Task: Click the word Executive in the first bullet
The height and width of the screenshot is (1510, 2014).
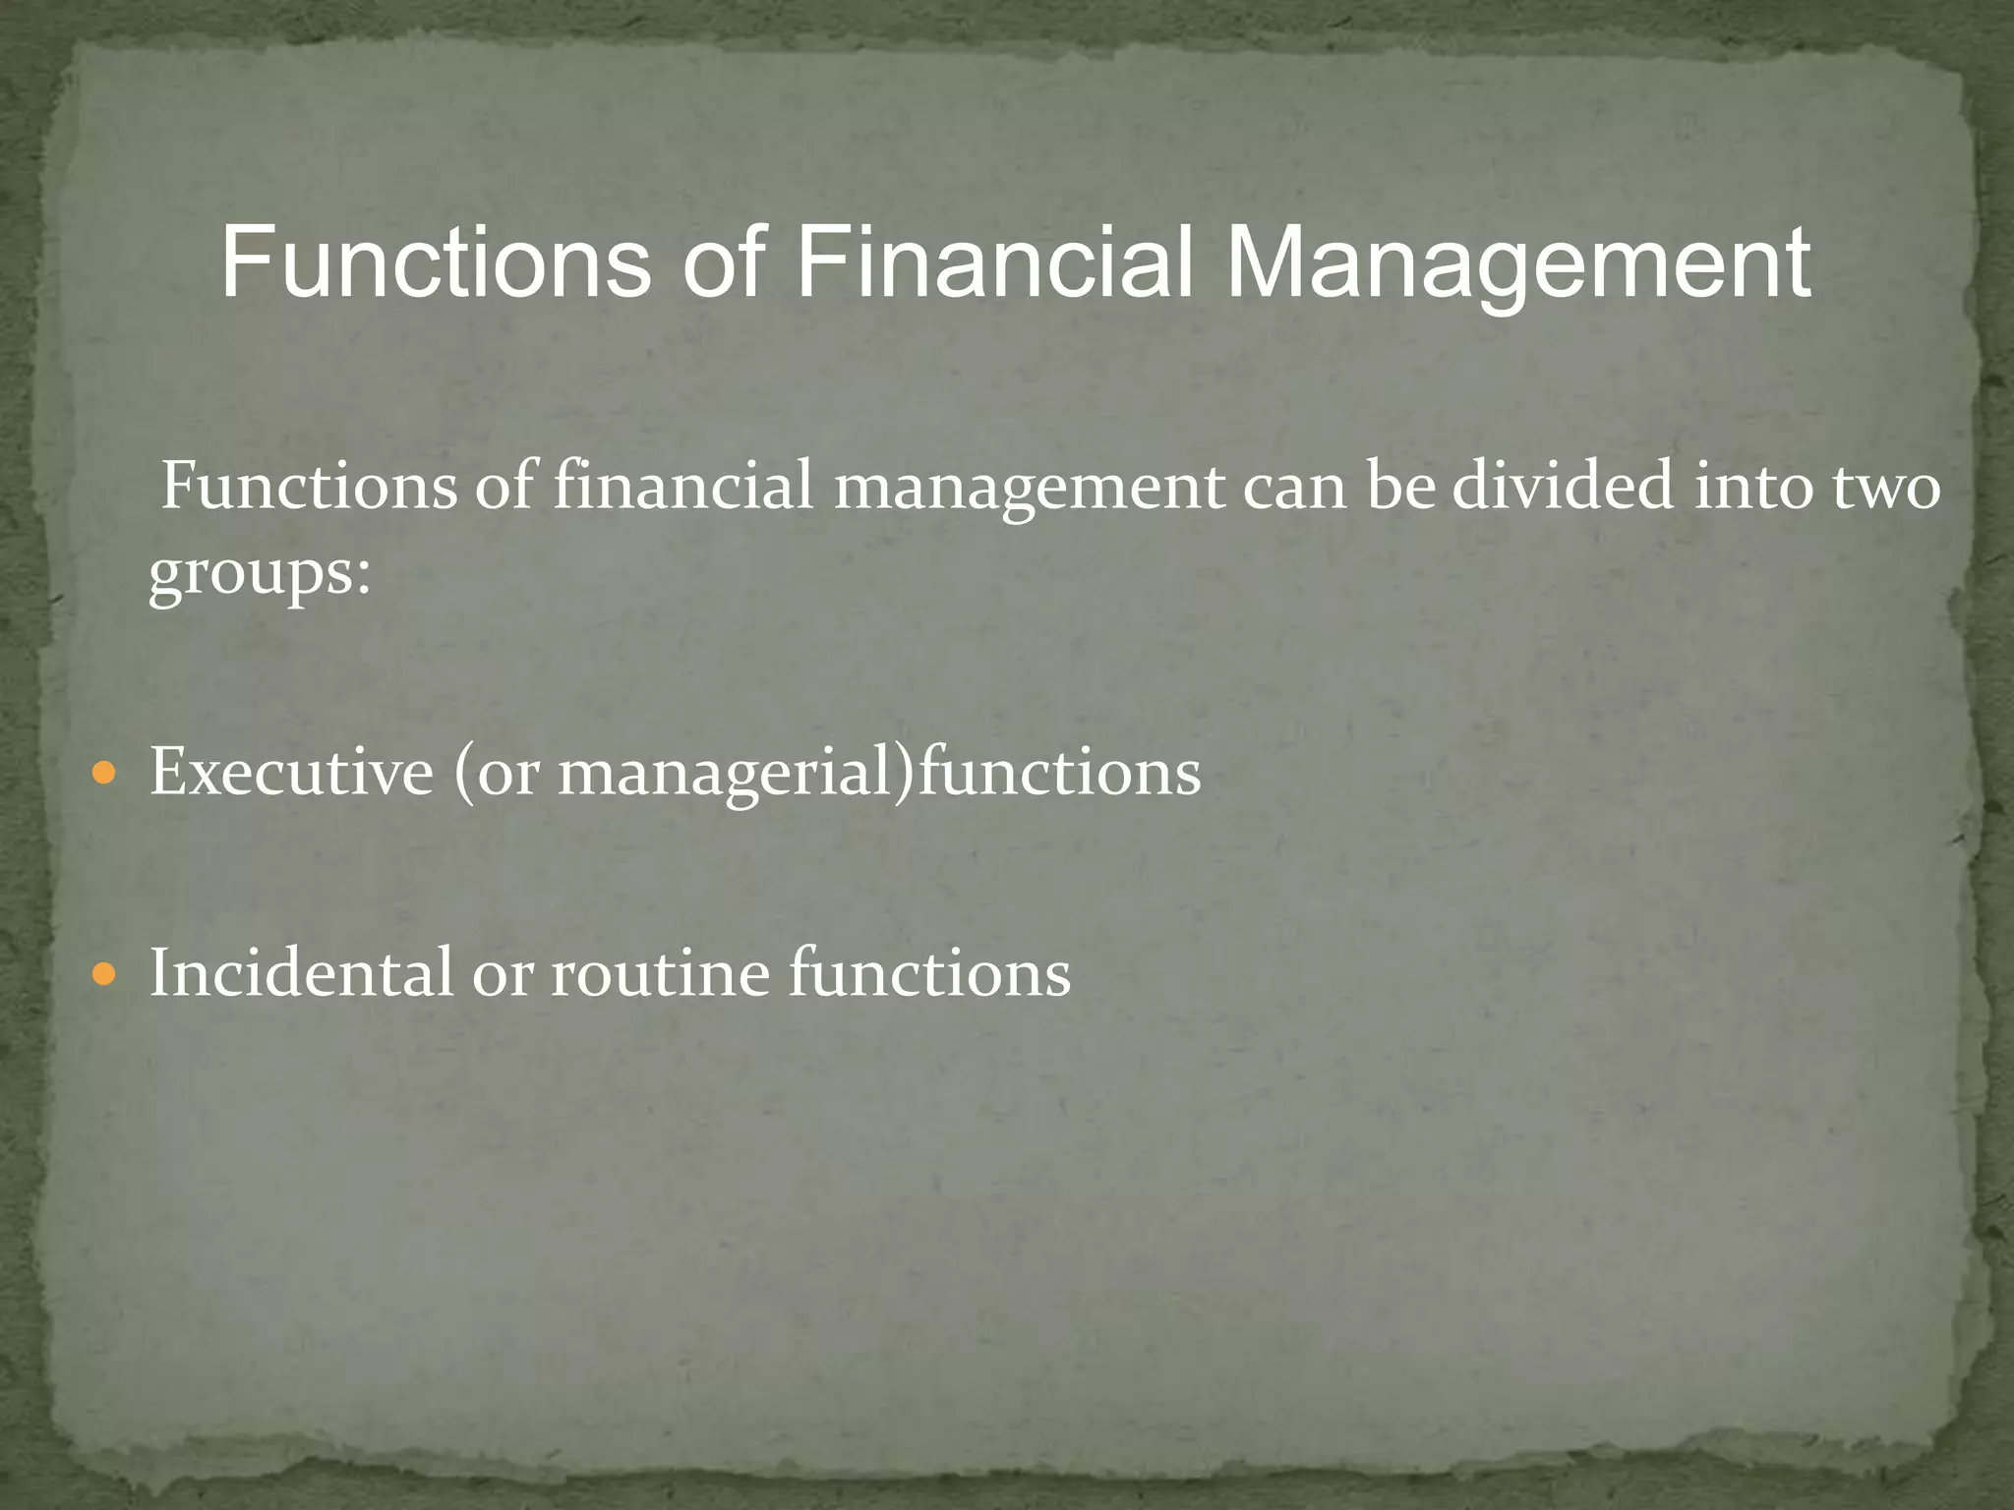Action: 291,772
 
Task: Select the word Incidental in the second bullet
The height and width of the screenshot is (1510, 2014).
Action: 301,972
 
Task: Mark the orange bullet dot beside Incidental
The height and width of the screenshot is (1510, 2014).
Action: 103,974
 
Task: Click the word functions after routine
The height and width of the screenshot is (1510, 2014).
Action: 929,972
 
